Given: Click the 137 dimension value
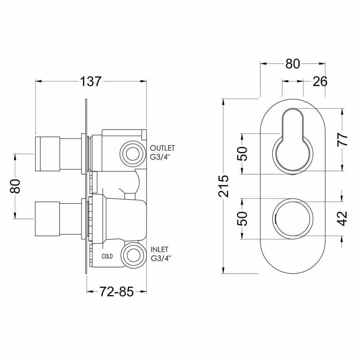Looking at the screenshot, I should (x=91, y=81).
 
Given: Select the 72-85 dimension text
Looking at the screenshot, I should (x=116, y=292).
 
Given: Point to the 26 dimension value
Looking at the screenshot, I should (x=320, y=82).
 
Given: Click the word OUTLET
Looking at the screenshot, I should (x=162, y=148).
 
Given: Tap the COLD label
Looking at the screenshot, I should (x=107, y=256).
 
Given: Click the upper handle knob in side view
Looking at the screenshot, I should (x=47, y=153).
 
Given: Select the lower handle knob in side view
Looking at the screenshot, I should (x=47, y=219).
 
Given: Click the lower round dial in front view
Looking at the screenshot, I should (x=292, y=219).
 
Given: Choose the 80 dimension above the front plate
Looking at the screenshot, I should (x=292, y=64).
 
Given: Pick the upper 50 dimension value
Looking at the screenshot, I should (x=244, y=154).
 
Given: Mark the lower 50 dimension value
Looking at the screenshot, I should (x=244, y=218).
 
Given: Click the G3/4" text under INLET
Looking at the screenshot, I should (x=161, y=258).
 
